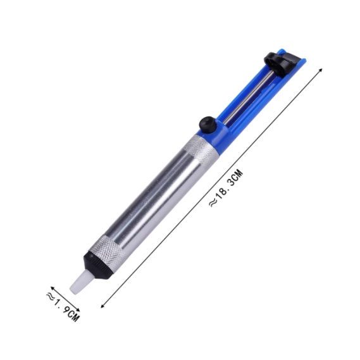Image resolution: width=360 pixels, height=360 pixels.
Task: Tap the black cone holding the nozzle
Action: tap(97, 264)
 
